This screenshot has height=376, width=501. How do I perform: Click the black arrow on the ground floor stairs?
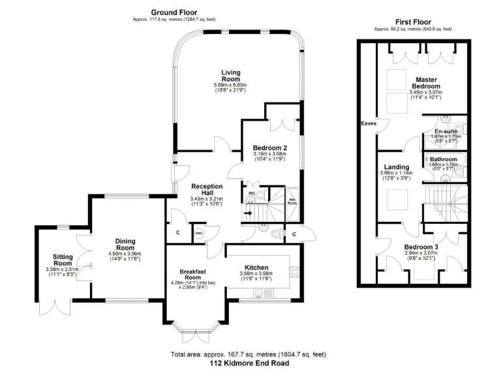pos(248,212)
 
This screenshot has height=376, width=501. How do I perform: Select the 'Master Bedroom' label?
pos(426,83)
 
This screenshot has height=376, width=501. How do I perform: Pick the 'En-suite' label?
pos(446,131)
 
